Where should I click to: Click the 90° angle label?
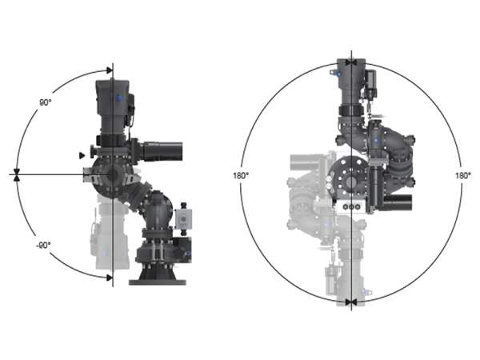click(x=45, y=102)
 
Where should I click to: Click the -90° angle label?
click(x=43, y=246)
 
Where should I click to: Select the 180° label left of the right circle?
click(x=241, y=176)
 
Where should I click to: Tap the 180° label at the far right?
click(x=463, y=176)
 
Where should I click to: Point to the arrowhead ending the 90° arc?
click(x=110, y=70)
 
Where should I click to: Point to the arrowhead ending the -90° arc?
click(x=110, y=278)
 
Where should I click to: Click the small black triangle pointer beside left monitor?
click(x=82, y=155)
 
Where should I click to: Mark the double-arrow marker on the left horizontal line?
click(x=17, y=174)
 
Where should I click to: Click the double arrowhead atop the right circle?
click(x=351, y=62)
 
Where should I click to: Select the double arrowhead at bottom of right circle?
click(x=351, y=302)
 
